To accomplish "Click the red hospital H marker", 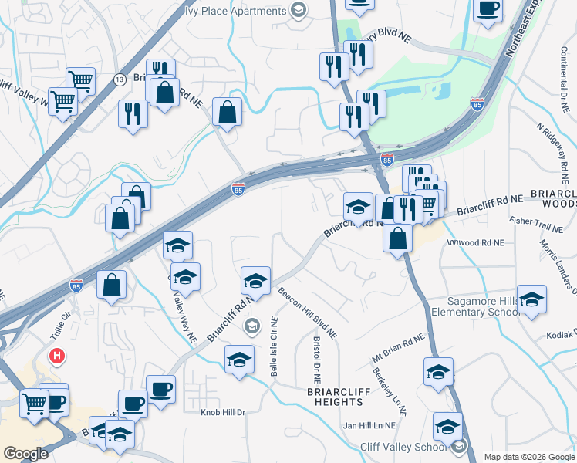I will [x=56, y=357].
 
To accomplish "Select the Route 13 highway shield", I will [x=120, y=79].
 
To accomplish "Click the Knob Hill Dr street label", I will [x=223, y=412].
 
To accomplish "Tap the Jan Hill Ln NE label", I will [x=369, y=425].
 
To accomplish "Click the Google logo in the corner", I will [x=25, y=454].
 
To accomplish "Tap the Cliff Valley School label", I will [x=405, y=447].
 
